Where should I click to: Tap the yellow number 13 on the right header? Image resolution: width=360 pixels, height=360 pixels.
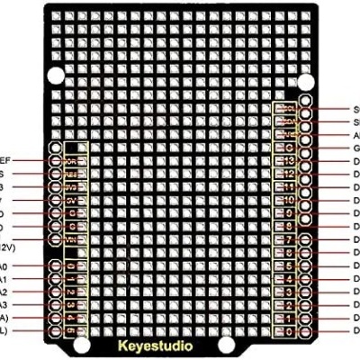[290, 160]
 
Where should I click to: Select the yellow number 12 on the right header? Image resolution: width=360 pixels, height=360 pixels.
[290, 174]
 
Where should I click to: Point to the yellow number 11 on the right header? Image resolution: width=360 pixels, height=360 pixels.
[290, 186]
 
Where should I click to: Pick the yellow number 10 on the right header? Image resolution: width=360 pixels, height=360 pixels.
[290, 200]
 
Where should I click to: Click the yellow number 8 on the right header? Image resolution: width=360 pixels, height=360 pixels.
[290, 226]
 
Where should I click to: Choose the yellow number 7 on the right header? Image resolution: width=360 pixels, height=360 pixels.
[290, 240]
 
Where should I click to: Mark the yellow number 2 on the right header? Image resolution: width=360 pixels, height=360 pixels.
[290, 306]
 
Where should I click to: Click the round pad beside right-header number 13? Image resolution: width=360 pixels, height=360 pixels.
[306, 160]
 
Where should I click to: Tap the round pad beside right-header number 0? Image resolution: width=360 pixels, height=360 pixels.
[306, 332]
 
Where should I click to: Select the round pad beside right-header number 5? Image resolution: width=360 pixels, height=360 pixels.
[306, 266]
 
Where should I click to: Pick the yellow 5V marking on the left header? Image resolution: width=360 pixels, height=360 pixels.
[71, 201]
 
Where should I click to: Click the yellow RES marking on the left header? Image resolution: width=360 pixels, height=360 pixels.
[71, 174]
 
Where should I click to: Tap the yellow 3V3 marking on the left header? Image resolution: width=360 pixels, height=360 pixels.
[71, 187]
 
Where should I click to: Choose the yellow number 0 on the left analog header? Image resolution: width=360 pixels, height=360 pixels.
[71, 266]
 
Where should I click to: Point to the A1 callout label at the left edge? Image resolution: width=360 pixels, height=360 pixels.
[4, 280]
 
